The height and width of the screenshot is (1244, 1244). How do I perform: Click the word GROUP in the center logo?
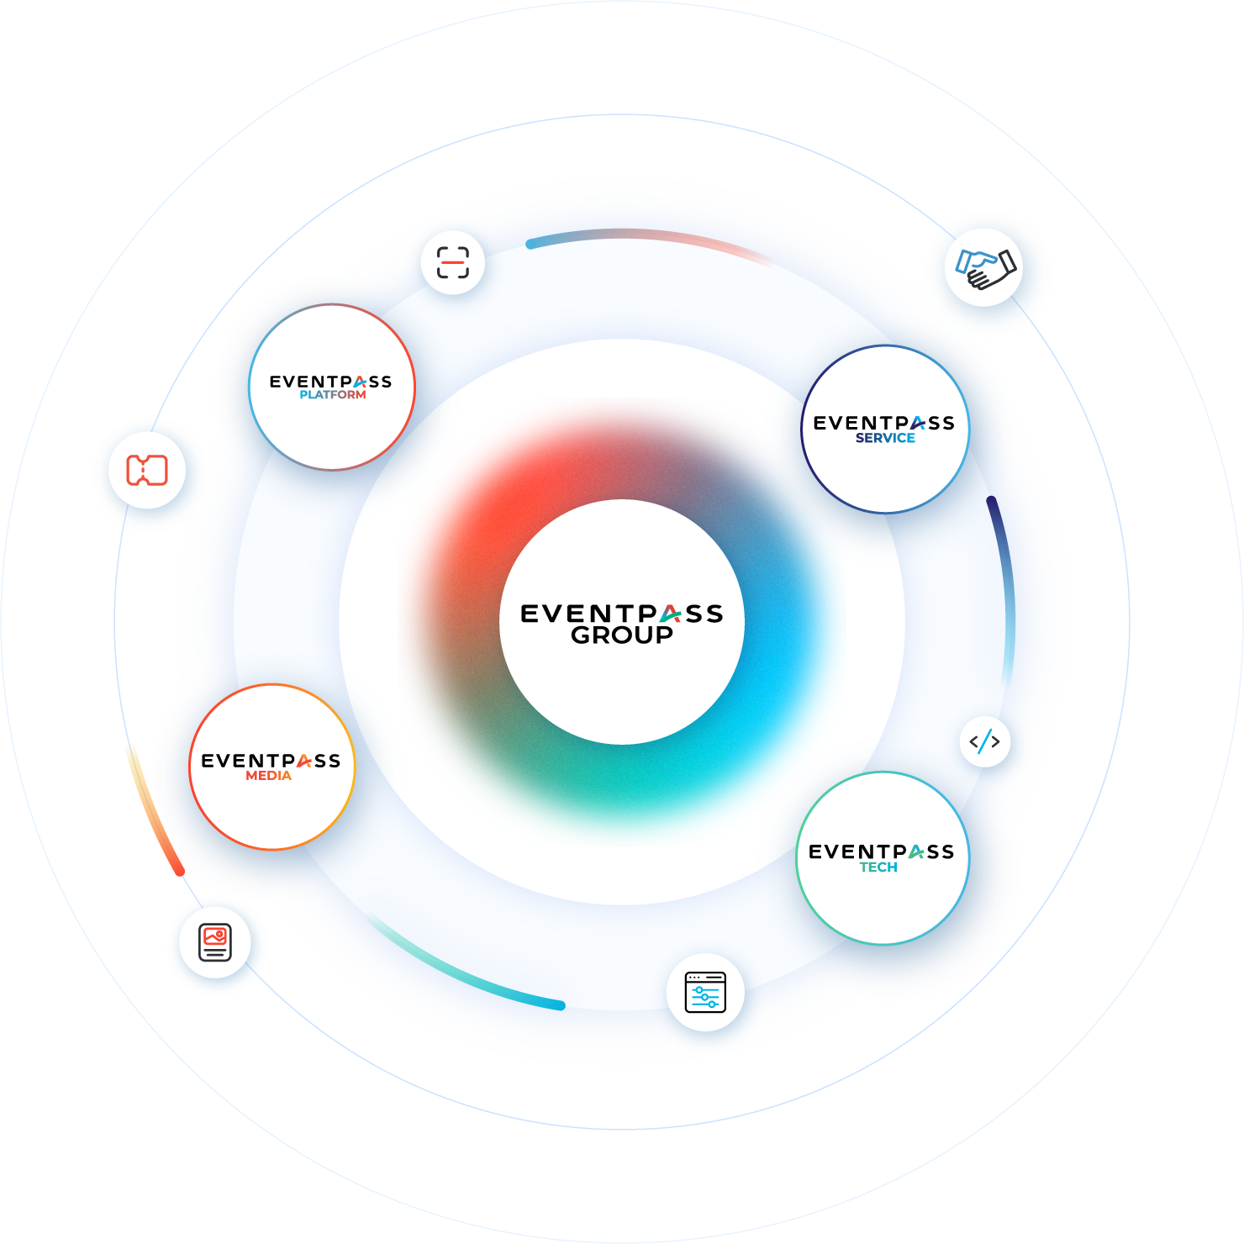[x=622, y=635]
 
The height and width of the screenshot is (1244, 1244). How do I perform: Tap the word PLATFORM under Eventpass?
[x=333, y=395]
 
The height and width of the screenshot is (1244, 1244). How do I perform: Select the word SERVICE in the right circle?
[x=885, y=438]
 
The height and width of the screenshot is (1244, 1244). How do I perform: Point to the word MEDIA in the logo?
[x=269, y=776]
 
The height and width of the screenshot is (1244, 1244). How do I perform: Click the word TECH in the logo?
[x=878, y=867]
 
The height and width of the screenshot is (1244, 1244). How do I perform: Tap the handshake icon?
[x=985, y=269]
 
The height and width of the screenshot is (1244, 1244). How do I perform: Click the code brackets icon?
[x=984, y=742]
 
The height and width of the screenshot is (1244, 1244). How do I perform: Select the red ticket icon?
[x=147, y=471]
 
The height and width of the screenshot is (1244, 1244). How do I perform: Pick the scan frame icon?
[x=453, y=262]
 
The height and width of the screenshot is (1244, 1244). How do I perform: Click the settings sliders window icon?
[x=705, y=993]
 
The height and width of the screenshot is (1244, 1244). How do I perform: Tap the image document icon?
[x=215, y=942]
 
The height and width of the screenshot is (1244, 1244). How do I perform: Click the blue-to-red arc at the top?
[x=647, y=235]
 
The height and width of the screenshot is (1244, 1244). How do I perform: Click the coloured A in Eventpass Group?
[x=670, y=614]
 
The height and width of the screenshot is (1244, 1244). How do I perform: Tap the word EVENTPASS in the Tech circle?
[x=881, y=851]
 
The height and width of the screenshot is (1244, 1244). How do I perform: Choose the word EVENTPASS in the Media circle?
[x=271, y=761]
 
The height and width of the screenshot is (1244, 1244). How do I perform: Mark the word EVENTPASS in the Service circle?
[x=883, y=423]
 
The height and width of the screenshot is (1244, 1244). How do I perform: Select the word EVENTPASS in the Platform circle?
[x=330, y=382]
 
